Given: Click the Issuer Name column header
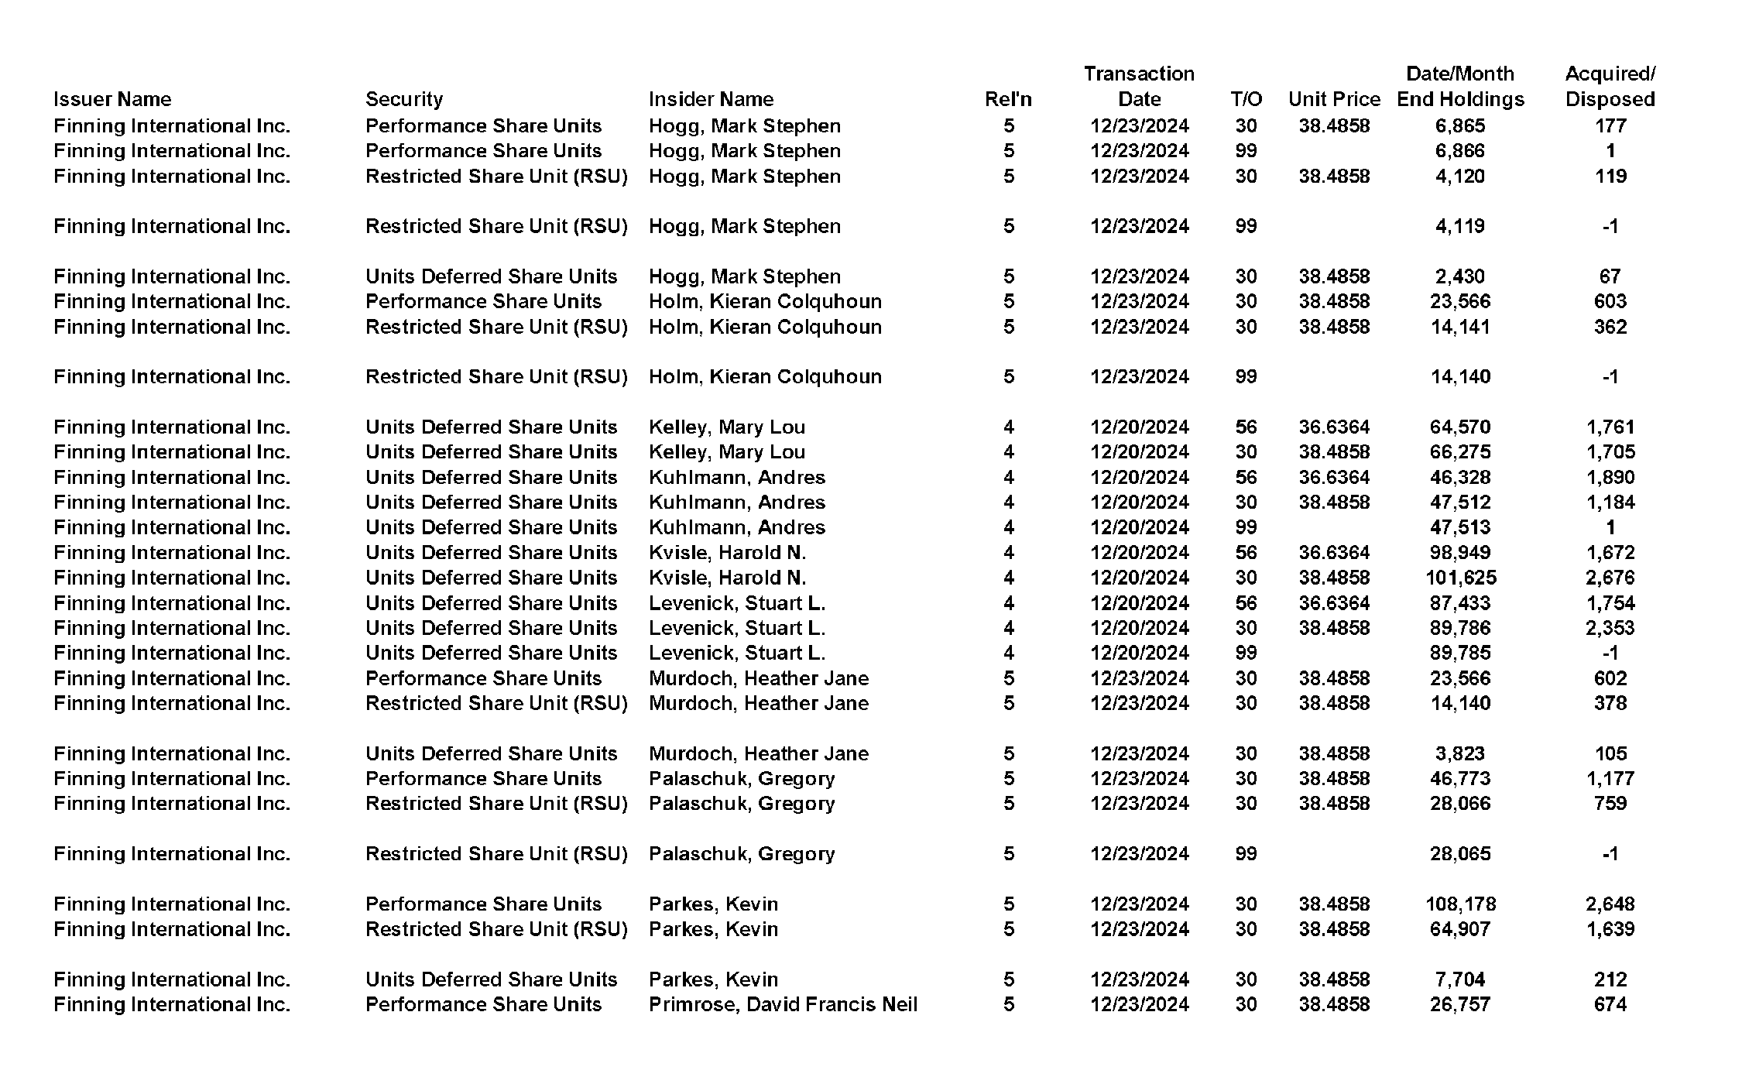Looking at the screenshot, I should (112, 99).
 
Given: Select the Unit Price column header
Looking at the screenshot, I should (1334, 99).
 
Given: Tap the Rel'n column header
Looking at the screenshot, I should (1008, 99).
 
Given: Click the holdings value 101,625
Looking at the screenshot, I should (1460, 578).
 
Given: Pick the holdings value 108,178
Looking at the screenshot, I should (1460, 904).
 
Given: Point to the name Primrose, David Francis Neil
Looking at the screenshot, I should (783, 1004).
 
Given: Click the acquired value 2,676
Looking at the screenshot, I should (1610, 578).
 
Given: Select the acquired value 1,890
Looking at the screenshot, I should (1610, 477).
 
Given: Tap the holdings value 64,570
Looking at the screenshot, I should (1460, 427).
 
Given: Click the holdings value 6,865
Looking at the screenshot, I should (1460, 125).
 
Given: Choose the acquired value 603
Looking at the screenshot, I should (1610, 301).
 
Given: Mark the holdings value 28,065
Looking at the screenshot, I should (1460, 853).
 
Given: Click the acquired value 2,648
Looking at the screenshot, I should (1610, 904).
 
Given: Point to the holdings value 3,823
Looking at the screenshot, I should (1460, 753).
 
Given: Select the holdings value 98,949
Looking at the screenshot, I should (1460, 552).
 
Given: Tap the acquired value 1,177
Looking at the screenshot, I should (1610, 778).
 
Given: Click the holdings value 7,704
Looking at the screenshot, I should (1460, 979).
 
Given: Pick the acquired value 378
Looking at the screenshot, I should (1610, 703).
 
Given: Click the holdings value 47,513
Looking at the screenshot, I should (1460, 527).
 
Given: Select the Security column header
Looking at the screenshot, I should (404, 99).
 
